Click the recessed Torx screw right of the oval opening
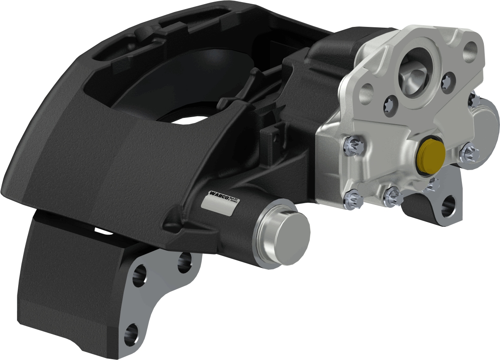[x=446, y=82]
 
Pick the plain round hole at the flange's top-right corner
[x=471, y=51]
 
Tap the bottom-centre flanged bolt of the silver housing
[x=392, y=195]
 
